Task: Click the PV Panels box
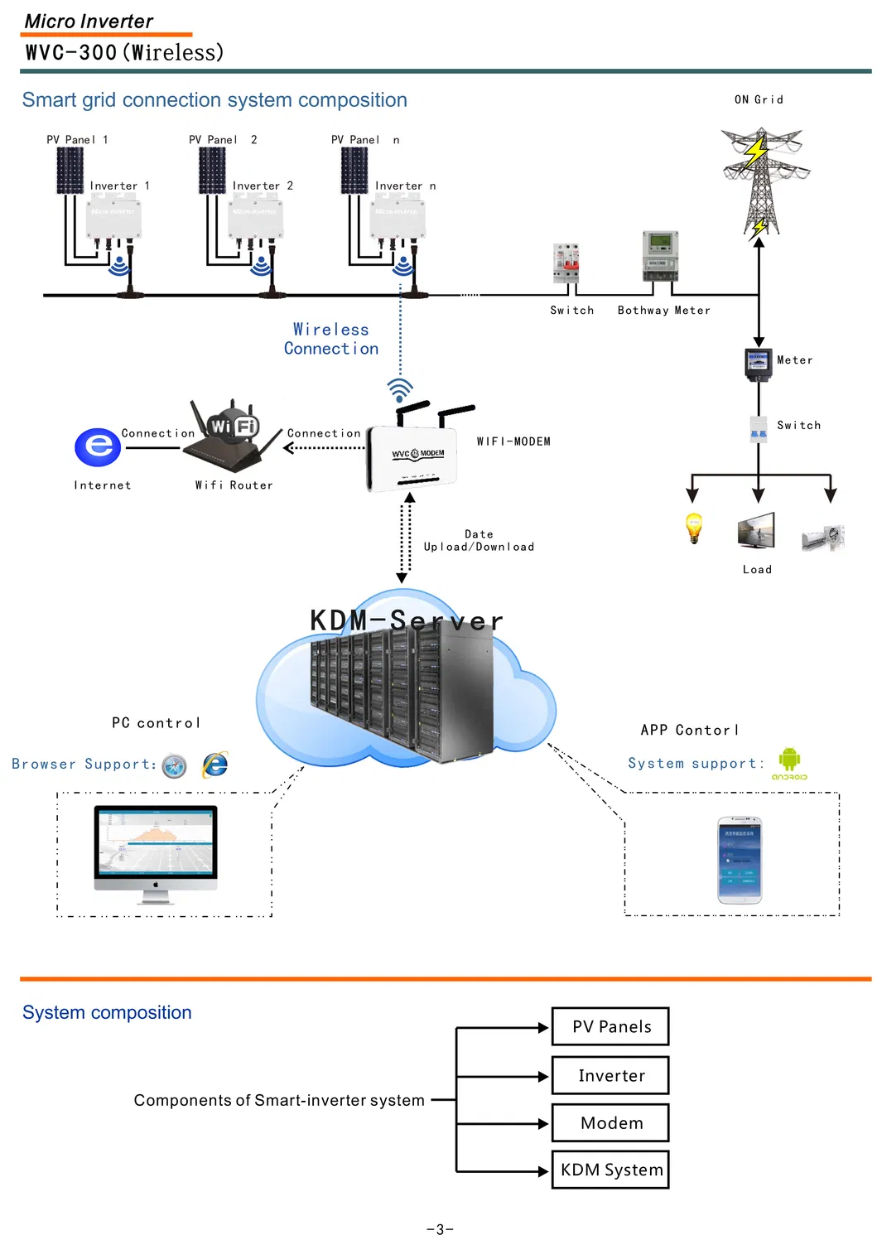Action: [610, 1026]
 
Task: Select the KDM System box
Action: [610, 1170]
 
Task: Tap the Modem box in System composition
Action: [610, 1122]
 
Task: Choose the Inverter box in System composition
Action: [610, 1075]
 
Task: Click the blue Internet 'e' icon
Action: [98, 447]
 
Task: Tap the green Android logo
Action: [789, 760]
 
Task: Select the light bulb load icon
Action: [694, 527]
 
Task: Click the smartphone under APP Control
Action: [740, 860]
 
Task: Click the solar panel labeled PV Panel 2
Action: [212, 171]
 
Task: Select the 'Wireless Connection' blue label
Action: [331, 339]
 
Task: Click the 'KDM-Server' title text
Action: [406, 620]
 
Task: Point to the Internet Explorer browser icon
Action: [215, 764]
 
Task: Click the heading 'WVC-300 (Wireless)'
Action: [124, 53]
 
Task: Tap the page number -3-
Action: [440, 1229]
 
